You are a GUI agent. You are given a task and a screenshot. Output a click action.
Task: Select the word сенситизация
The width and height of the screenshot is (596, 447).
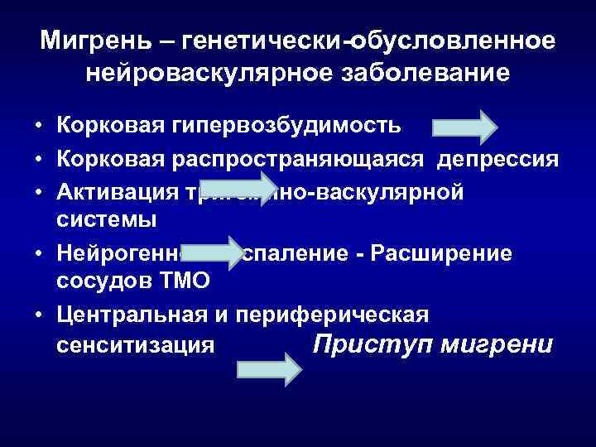click(137, 345)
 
